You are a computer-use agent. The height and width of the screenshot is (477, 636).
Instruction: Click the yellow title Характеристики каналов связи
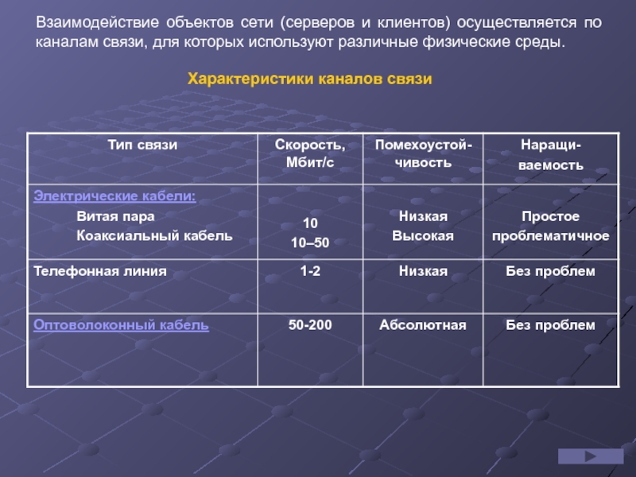pyautogui.click(x=309, y=79)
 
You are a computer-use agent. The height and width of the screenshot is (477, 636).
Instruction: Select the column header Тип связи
pyautogui.click(x=142, y=145)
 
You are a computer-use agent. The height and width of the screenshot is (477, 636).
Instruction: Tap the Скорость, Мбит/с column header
pyautogui.click(x=310, y=153)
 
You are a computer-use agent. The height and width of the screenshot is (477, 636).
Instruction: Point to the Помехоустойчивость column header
pyautogui.click(x=423, y=153)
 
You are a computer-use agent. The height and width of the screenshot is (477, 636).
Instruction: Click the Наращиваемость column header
pyautogui.click(x=551, y=154)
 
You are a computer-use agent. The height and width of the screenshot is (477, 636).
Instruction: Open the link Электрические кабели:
pyautogui.click(x=114, y=196)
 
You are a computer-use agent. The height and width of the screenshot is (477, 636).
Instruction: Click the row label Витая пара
pyautogui.click(x=115, y=216)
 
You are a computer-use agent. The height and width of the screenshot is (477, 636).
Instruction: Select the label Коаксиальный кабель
pyautogui.click(x=154, y=235)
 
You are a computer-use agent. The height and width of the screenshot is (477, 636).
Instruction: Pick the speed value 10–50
pyautogui.click(x=310, y=242)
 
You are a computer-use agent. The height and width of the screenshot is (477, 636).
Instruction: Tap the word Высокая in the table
pyautogui.click(x=423, y=235)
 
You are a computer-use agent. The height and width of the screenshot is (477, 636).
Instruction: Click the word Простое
pyautogui.click(x=550, y=216)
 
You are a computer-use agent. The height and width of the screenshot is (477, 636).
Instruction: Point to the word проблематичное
pyautogui.click(x=550, y=235)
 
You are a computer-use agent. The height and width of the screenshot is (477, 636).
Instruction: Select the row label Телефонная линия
pyautogui.click(x=100, y=271)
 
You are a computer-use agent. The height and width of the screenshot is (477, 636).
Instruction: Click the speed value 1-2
pyautogui.click(x=310, y=271)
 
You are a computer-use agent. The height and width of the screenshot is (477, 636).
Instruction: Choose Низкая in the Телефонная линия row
pyautogui.click(x=423, y=271)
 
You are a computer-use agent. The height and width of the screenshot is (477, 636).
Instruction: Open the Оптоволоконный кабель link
pyautogui.click(x=121, y=325)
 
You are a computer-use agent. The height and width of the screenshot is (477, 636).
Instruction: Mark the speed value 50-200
pyautogui.click(x=310, y=325)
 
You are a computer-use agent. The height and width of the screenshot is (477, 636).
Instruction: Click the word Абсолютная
pyautogui.click(x=423, y=325)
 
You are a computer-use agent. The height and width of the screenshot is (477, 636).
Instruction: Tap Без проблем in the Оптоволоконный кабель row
pyautogui.click(x=550, y=325)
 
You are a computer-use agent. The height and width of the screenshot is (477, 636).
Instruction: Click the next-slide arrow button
pyautogui.click(x=591, y=456)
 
